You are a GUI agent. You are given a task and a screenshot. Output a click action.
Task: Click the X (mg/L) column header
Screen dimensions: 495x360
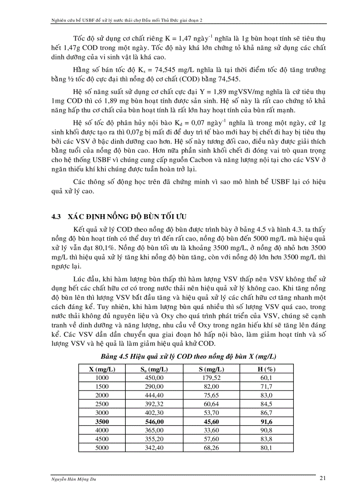(102, 369)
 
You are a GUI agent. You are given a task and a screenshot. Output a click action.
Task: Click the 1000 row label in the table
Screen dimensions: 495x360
(102, 377)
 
